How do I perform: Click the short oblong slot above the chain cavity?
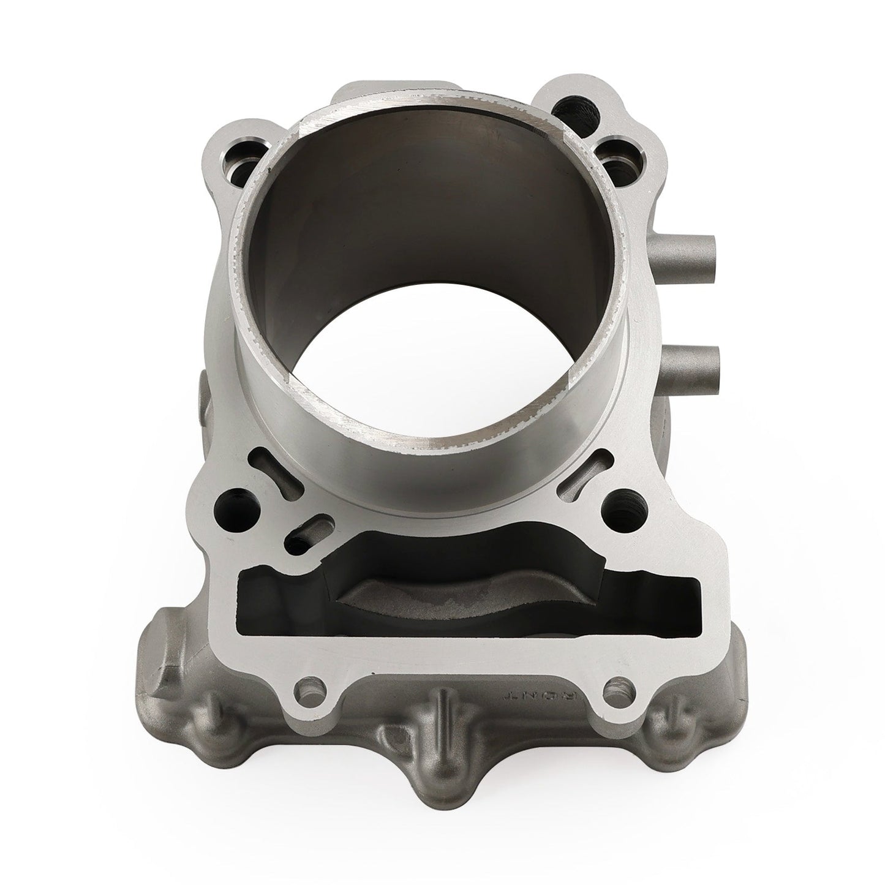click(x=310, y=528)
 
